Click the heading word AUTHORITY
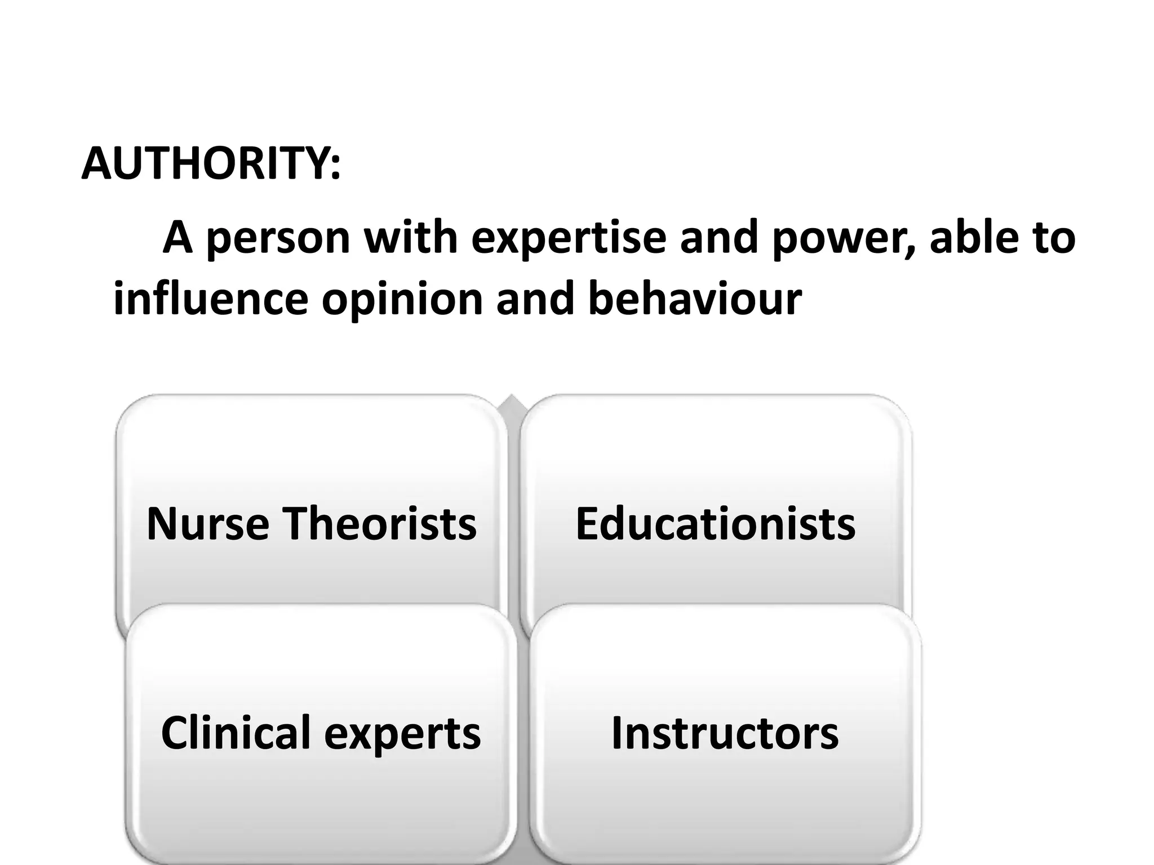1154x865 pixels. coord(206,163)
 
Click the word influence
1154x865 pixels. coord(211,299)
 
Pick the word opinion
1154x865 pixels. coord(402,299)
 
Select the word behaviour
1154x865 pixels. coord(694,299)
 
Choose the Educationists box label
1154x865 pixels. coord(715,524)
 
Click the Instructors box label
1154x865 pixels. coord(725,733)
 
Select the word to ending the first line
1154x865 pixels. coord(1052,238)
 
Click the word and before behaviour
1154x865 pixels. coord(535,299)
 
